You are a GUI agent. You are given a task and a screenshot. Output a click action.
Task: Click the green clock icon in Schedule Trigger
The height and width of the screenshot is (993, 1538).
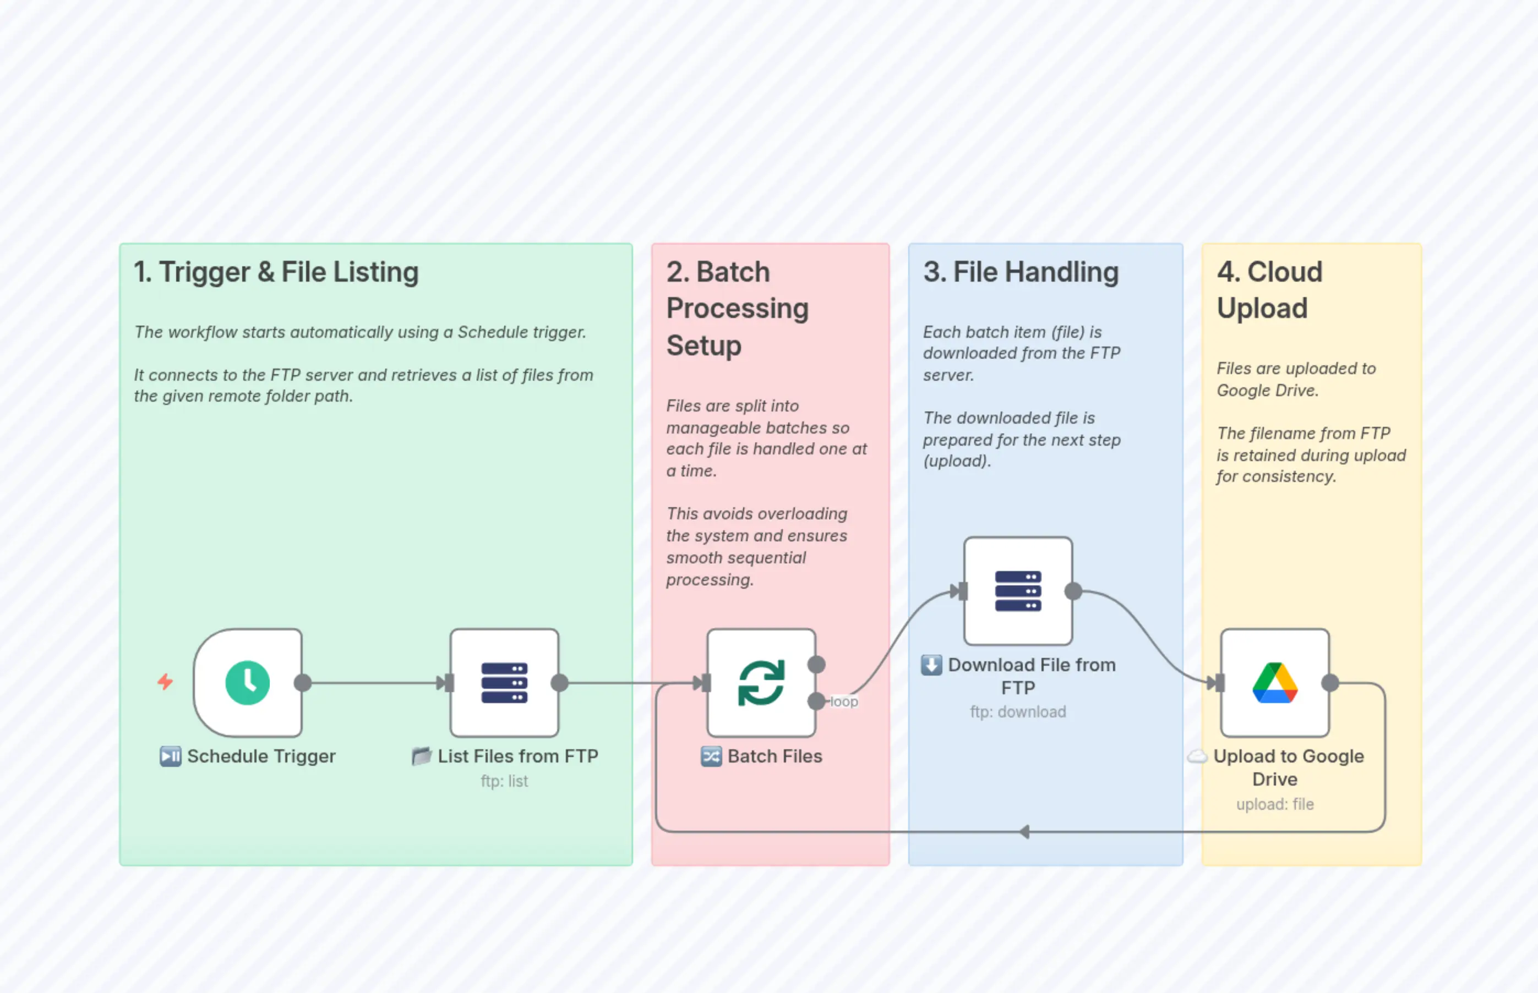point(247,683)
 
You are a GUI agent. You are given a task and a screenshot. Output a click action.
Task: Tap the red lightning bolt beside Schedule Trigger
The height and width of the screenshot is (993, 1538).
point(165,682)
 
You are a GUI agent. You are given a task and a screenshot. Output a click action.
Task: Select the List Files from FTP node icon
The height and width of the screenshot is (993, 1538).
point(504,683)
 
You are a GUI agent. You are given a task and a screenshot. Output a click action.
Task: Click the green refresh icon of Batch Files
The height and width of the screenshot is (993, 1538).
point(761,683)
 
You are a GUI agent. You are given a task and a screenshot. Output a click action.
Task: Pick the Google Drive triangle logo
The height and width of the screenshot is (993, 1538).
point(1275,683)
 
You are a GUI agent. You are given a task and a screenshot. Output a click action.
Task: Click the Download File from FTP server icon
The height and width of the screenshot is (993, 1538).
point(1017,591)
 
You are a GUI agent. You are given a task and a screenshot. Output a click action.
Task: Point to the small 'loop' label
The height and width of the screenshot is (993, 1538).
point(844,701)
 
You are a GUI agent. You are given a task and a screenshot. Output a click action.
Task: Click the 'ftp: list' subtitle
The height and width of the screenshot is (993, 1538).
point(504,782)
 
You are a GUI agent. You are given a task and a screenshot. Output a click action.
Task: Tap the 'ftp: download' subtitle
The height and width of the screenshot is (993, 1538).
point(1017,712)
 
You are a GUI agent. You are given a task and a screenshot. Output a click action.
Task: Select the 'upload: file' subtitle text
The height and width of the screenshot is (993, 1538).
point(1275,805)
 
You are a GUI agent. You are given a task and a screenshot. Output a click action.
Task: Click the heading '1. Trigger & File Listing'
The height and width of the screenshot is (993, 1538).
point(276,272)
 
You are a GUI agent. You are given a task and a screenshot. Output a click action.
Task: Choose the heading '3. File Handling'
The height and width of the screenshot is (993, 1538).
point(1021,272)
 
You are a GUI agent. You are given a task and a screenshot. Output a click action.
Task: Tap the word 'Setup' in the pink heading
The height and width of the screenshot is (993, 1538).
point(704,345)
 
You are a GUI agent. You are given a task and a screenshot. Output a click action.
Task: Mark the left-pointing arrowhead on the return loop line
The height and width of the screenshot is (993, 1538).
point(1024,832)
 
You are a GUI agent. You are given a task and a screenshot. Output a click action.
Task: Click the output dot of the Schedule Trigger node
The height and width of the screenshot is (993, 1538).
point(303,683)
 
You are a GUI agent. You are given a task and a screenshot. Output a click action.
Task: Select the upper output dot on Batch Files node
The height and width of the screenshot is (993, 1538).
point(816,664)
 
